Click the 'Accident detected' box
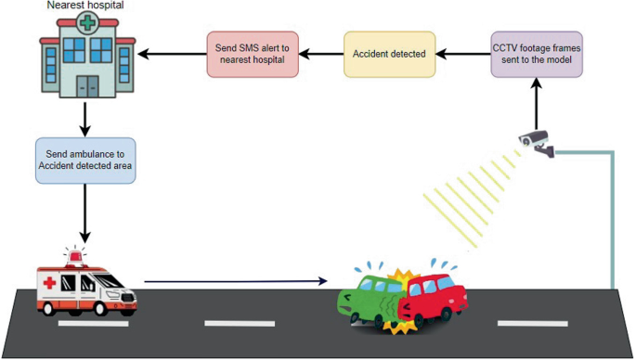[x=389, y=54]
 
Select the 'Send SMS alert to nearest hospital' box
[x=253, y=54]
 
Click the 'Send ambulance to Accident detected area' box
[x=84, y=159]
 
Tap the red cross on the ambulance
[x=54, y=282]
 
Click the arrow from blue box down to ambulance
[x=85, y=211]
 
